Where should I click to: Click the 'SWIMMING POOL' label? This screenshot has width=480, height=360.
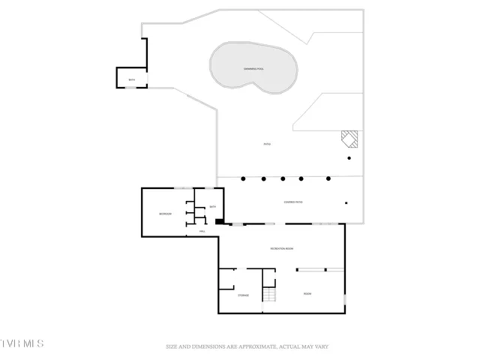253,68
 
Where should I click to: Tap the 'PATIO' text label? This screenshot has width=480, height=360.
266,144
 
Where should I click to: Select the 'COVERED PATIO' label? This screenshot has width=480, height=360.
293,202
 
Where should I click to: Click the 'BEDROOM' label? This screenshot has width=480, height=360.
166,215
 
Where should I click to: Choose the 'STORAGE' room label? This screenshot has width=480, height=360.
244,295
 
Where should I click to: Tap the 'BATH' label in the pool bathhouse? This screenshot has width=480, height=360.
132,79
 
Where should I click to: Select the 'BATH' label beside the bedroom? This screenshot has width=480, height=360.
213,207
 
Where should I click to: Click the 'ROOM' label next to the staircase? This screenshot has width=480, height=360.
307,293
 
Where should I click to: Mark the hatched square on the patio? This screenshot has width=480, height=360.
349,138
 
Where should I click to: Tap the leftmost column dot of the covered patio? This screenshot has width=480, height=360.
243,178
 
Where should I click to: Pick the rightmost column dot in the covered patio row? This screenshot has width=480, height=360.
329,178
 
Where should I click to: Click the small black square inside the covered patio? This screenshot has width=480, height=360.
346,202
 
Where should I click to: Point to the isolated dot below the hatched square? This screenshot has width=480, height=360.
349,158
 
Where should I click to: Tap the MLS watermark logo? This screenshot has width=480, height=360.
22,344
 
